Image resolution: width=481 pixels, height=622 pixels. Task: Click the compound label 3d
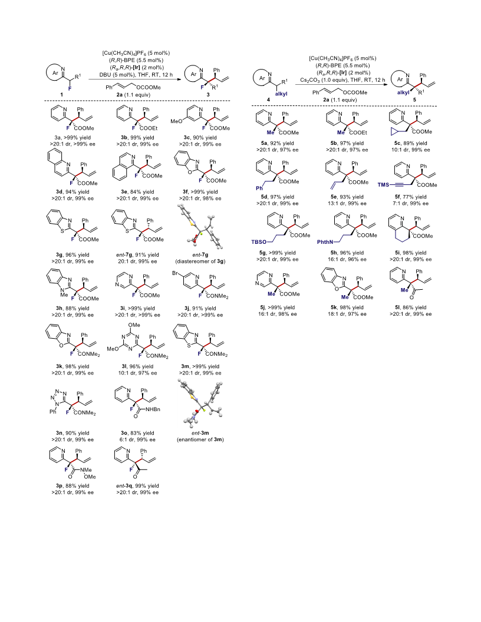tap(59, 191)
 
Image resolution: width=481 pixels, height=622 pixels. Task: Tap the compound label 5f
tap(398, 197)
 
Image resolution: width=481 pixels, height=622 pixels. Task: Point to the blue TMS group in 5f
tap(383, 185)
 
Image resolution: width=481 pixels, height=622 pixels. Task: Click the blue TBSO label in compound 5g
tap(259, 242)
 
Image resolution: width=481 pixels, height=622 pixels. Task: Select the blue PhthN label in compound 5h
tap(325, 242)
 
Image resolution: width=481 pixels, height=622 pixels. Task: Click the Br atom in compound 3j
tap(176, 273)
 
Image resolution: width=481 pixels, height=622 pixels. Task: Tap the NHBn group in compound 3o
tap(153, 409)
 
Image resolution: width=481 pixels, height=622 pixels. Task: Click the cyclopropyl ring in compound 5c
tap(394, 131)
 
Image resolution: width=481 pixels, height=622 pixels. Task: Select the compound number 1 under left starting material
tap(61, 95)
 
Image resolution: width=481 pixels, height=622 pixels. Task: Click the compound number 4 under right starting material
tap(268, 100)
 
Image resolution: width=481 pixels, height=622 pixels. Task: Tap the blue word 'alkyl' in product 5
tap(403, 93)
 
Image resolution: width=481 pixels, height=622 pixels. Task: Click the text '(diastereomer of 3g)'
tap(200, 262)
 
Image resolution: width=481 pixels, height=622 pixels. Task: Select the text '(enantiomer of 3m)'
tap(200, 439)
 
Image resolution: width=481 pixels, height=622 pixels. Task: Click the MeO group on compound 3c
tap(176, 121)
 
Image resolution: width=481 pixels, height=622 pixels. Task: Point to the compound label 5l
tap(398, 307)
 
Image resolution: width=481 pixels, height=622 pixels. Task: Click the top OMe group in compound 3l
tap(134, 325)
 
